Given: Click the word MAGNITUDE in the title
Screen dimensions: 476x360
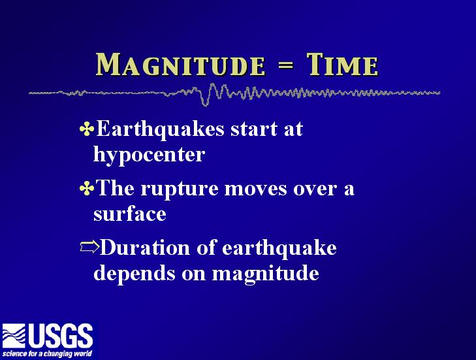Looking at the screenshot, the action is pos(180,65).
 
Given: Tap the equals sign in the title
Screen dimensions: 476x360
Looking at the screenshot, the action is pos(285,65).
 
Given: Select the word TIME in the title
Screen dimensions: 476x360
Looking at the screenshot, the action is pos(342,65).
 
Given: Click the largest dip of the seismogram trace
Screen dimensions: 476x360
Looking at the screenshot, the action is pos(205,103).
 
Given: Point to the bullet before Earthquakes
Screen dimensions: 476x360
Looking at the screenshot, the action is pos(87,129).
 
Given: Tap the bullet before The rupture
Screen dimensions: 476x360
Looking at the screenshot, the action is pos(87,188).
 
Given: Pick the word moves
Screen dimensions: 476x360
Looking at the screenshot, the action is pos(255,189).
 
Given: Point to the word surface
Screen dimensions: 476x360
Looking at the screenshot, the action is pos(130,213).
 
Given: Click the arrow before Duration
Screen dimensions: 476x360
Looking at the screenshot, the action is pos(89,247).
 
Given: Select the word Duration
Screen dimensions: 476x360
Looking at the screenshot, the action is pos(145,247).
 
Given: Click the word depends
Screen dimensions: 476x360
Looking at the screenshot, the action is pos(134,274).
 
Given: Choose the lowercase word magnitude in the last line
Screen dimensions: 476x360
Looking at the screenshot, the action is pos(265,274).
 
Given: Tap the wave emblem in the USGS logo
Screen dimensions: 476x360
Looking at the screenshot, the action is pos(14,335).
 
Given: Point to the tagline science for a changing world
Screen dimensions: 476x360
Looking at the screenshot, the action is pos(47,353).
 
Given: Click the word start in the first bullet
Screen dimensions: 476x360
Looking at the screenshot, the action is pos(254,129).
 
